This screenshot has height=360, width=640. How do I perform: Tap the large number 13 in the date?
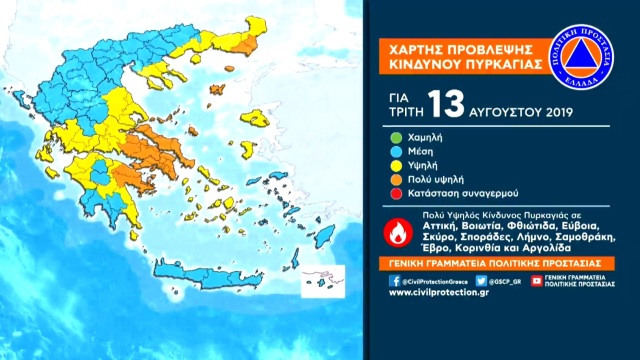(x=445, y=102)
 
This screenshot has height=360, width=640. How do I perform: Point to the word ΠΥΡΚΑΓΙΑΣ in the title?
(x=496, y=62)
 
